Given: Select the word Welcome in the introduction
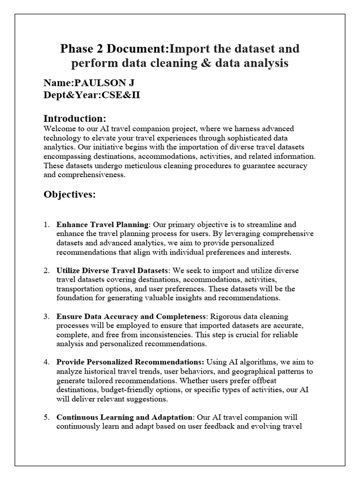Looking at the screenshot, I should [59, 128].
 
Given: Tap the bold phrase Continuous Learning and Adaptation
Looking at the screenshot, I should [124, 417].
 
